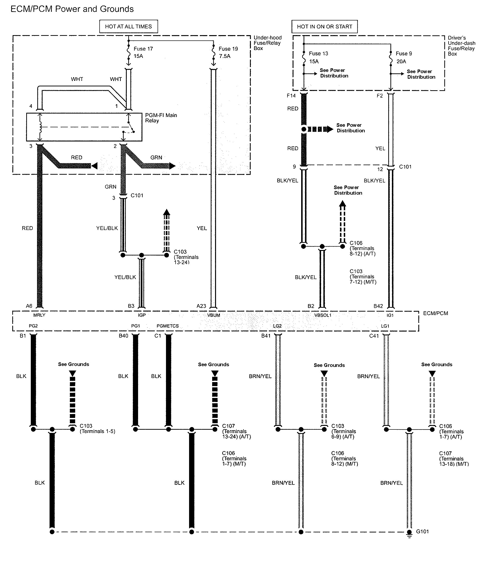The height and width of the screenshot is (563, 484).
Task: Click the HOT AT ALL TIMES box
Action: click(128, 26)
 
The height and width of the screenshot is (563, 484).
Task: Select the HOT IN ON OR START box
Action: click(324, 26)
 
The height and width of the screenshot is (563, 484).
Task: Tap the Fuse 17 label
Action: click(143, 49)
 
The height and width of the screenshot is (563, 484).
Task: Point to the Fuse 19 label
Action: click(228, 49)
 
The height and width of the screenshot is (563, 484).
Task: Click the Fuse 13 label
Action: click(318, 53)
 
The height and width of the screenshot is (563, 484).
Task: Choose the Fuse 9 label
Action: click(404, 53)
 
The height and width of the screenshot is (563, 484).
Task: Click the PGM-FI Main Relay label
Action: click(161, 118)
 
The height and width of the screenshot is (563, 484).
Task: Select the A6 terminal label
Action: click(29, 306)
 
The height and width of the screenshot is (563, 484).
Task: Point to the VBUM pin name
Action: click(213, 315)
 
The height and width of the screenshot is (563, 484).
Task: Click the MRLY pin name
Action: click(39, 315)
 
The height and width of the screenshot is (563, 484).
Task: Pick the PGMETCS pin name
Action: click(168, 326)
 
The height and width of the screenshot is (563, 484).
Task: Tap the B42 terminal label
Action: click(378, 306)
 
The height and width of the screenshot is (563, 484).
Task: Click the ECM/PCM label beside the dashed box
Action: click(435, 313)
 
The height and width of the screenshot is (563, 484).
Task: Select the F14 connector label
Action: click(291, 96)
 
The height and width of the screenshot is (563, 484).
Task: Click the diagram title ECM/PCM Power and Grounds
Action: click(72, 9)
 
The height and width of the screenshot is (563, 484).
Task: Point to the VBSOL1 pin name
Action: click(323, 315)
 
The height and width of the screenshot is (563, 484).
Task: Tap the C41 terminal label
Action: click(374, 336)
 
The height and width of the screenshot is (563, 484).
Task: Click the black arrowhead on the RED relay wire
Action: click(94, 166)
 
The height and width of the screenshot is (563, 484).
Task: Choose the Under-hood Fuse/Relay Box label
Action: click(267, 43)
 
